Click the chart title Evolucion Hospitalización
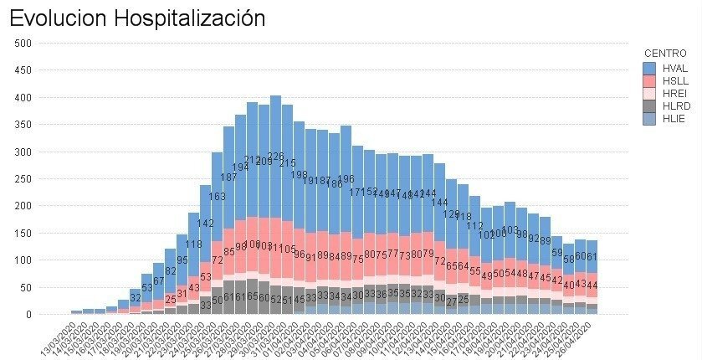(138, 18)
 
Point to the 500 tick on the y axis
(23, 44)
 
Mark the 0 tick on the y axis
(28, 315)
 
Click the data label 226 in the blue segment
(275, 157)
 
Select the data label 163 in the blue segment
(217, 197)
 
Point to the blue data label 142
(205, 224)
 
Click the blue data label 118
(193, 244)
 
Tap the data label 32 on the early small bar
(135, 298)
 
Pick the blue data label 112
(474, 226)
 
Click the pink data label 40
(568, 285)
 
